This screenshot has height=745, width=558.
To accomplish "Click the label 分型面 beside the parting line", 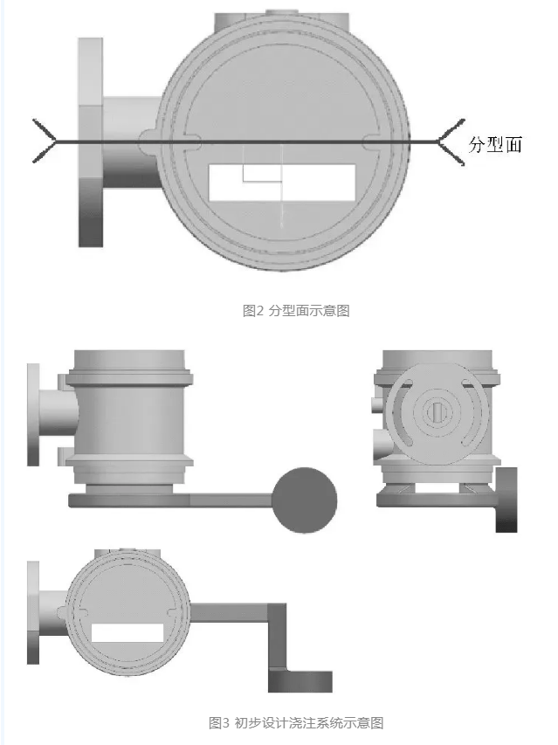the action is click(x=495, y=144).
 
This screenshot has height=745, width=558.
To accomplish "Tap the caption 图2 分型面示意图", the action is click(x=296, y=311).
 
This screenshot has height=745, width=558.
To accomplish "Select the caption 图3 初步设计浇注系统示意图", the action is click(x=296, y=723).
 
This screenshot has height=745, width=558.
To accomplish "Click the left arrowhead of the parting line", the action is click(x=45, y=141).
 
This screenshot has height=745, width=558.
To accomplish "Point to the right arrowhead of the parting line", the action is click(x=451, y=142).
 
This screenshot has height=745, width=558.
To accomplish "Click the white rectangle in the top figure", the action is click(x=282, y=183).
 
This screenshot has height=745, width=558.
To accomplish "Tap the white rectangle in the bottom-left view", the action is click(x=127, y=633).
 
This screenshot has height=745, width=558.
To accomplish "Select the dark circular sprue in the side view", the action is click(x=305, y=500).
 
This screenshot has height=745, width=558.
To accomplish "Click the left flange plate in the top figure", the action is click(x=90, y=142).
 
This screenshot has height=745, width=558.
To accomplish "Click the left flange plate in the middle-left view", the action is click(x=33, y=414).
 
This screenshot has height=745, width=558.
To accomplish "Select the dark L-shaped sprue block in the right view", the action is click(x=506, y=500).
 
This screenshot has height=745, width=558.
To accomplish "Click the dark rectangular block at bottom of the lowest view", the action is click(x=300, y=681).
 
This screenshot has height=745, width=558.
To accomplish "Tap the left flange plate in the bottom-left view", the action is click(x=33, y=612).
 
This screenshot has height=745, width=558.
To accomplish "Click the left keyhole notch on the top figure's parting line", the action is click(x=192, y=141).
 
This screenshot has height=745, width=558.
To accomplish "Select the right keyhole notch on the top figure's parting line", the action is click(x=373, y=141).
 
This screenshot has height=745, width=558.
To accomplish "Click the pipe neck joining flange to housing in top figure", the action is click(x=132, y=142).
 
